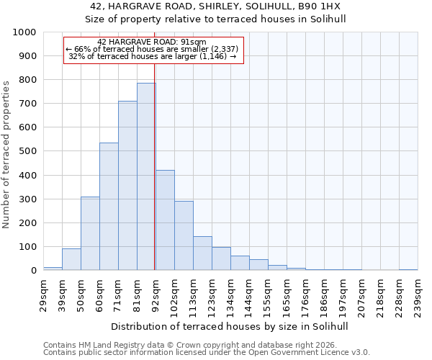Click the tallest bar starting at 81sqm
(146, 176)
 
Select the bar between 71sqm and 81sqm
(127, 186)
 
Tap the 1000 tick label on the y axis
(24, 32)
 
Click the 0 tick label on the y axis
(33, 271)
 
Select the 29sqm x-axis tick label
(43, 291)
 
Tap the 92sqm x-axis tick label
(156, 291)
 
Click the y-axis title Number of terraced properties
(6, 154)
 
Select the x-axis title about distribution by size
(230, 326)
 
